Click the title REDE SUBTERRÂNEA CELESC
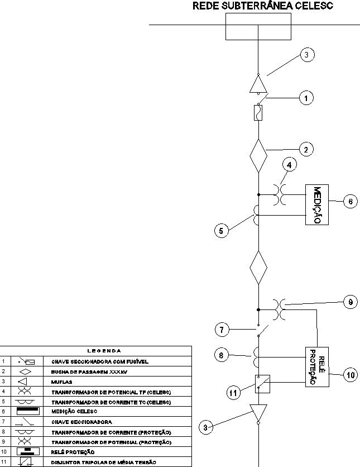click(262, 7)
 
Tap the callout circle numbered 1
click(306, 98)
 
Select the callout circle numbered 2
click(306, 149)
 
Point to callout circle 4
click(289, 165)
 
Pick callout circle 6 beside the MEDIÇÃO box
click(349, 202)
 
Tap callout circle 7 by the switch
click(223, 330)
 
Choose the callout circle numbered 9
click(349, 302)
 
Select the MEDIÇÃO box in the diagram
click(316, 204)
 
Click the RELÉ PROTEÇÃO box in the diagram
click(316, 366)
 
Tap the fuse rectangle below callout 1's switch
click(258, 113)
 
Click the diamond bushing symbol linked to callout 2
click(258, 156)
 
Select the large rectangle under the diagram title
click(258, 26)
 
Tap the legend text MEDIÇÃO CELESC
click(74, 412)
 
